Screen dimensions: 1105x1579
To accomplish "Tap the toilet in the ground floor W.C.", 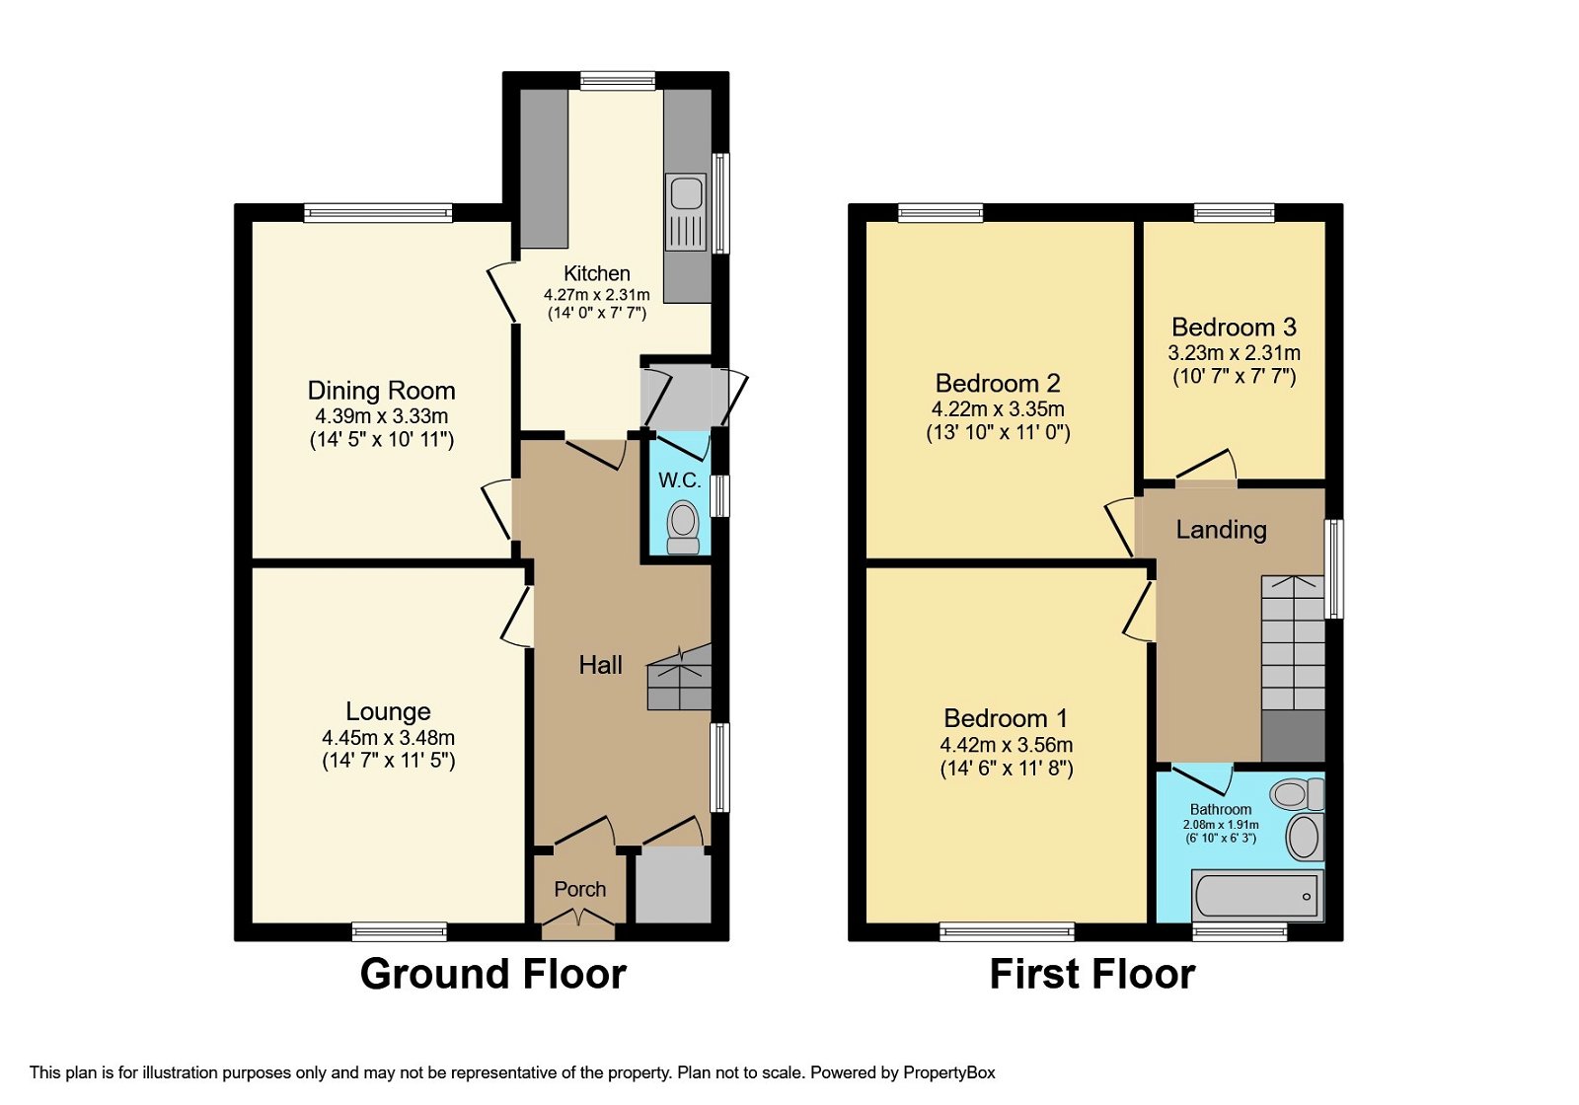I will click(x=683, y=527).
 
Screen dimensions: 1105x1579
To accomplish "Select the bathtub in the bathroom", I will click(x=1256, y=895).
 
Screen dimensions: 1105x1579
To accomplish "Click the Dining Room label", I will click(x=381, y=391).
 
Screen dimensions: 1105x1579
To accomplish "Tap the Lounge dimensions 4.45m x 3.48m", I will click(x=388, y=737).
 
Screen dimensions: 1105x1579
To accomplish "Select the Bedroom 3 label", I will click(x=1234, y=328).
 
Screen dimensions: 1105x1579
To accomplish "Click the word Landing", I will click(x=1221, y=530).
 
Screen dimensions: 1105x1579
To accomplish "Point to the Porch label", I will click(x=579, y=889).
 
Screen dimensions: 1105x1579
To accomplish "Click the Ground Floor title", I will click(x=492, y=974).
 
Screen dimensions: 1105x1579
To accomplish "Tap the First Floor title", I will click(x=1091, y=974).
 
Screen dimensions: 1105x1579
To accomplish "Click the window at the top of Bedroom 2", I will click(x=940, y=212).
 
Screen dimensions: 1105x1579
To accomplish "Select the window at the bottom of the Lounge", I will click(x=400, y=930).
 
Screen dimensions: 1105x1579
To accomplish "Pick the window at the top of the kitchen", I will click(x=618, y=81).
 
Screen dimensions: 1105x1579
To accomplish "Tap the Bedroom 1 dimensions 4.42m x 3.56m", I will click(x=1006, y=745).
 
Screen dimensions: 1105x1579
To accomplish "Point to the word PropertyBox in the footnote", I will click(x=948, y=1072).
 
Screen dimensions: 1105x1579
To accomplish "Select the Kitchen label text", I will click(x=596, y=273).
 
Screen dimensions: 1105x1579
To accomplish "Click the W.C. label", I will click(x=679, y=480).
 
